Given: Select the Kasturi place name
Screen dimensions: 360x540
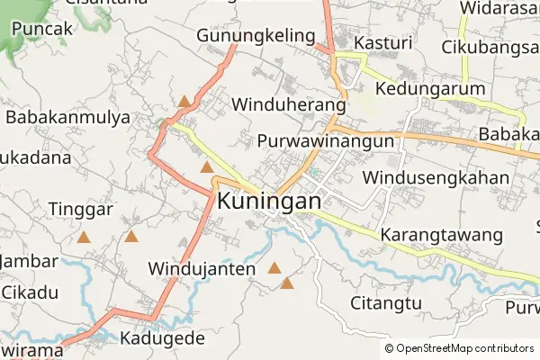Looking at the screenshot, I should click(x=382, y=42).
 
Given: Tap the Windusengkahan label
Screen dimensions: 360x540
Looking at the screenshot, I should click(x=437, y=177).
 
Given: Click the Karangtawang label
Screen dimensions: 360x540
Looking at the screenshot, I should click(x=441, y=235).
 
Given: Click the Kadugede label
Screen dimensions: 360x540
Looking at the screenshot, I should click(x=162, y=339).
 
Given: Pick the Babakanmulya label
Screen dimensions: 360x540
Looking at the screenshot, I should click(x=67, y=117).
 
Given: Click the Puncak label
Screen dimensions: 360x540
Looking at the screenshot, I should click(x=41, y=29).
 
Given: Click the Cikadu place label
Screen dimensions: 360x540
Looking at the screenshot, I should click(x=30, y=292).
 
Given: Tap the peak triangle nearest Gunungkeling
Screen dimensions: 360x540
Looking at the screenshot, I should click(x=184, y=101).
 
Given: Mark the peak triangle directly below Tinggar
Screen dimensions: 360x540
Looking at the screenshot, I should click(x=84, y=238).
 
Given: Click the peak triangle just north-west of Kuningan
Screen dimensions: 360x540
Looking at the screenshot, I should click(x=207, y=166).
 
